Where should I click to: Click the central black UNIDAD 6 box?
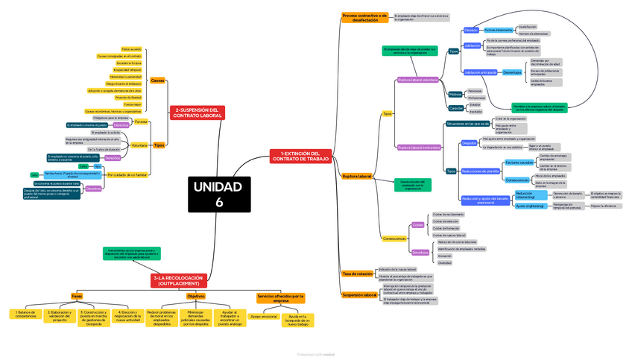pyautogui.click(x=219, y=194)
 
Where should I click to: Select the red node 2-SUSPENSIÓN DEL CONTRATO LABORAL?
pyautogui.click(x=197, y=113)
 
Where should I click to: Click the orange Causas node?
pyautogui.click(x=157, y=80)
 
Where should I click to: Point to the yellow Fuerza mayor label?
pyautogui.click(x=132, y=104)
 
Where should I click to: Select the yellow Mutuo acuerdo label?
pyautogui.click(x=130, y=49)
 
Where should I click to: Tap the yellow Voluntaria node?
pyautogui.click(x=139, y=145)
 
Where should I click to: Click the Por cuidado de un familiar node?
pyautogui.click(x=127, y=174)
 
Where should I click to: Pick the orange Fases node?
pyautogui.click(x=77, y=296)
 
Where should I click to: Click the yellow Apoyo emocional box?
pyautogui.click(x=263, y=317)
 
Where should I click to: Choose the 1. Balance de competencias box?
pyautogui.click(x=25, y=314)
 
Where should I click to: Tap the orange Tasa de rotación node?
pyautogui.click(x=357, y=274)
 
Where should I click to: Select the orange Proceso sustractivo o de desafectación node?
pyautogui.click(x=364, y=17)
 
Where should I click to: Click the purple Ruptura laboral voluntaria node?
pyautogui.click(x=417, y=79)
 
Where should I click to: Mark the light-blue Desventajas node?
pyautogui.click(x=512, y=72)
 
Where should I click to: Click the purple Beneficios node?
pyautogui.click(x=420, y=252)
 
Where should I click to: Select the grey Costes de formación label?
pyautogui.click(x=446, y=228)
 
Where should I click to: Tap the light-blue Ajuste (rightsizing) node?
pyautogui.click(x=529, y=206)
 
